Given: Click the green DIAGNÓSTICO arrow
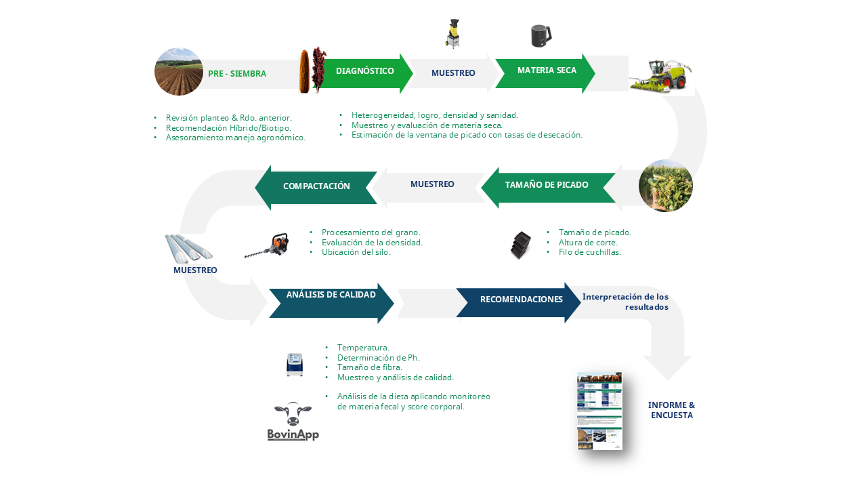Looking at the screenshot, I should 366,72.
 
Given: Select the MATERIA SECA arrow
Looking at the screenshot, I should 545,72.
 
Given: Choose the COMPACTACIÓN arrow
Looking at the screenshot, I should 316,187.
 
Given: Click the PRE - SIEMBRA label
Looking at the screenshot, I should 237,74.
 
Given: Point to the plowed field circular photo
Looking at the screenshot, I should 179,72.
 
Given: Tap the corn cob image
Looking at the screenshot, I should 304,71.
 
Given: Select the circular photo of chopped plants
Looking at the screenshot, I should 665,186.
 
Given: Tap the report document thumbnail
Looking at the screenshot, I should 599,411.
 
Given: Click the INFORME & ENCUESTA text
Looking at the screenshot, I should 671,410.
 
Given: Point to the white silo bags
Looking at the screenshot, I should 188,248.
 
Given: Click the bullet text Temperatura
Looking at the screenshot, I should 363,348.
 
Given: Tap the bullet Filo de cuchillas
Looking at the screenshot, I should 589,252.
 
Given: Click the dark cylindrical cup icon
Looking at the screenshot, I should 541,35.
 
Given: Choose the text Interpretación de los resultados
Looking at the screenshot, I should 625,302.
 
